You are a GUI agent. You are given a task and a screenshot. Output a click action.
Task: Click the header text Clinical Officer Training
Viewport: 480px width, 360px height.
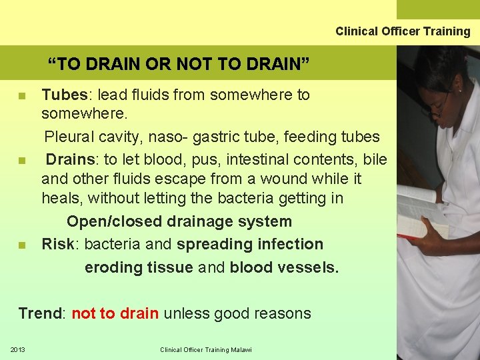click(403, 31)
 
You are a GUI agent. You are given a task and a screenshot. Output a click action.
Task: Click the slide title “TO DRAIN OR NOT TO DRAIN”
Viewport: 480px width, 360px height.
click(178, 64)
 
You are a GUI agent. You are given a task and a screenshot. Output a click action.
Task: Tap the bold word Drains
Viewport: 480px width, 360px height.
click(69, 160)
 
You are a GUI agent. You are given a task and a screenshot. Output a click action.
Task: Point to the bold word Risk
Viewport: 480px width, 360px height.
click(58, 245)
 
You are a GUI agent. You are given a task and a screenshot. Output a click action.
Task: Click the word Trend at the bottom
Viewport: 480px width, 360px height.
click(39, 313)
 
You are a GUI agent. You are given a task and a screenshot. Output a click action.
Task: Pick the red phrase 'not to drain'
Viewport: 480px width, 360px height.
click(115, 313)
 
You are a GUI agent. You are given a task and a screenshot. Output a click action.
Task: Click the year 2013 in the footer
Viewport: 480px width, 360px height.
click(17, 349)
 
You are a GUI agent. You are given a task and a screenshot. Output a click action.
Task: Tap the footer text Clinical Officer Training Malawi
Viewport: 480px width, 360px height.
click(206, 349)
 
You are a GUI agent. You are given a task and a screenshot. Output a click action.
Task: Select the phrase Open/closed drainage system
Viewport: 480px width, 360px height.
click(179, 221)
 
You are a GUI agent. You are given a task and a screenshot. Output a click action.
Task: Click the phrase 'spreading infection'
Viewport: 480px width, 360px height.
click(250, 245)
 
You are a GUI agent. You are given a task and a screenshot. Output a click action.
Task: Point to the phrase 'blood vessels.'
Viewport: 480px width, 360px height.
click(284, 268)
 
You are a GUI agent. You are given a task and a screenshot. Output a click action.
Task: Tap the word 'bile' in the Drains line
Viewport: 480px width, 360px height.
click(375, 160)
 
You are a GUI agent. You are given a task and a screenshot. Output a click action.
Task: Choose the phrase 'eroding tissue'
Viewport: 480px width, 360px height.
click(139, 268)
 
